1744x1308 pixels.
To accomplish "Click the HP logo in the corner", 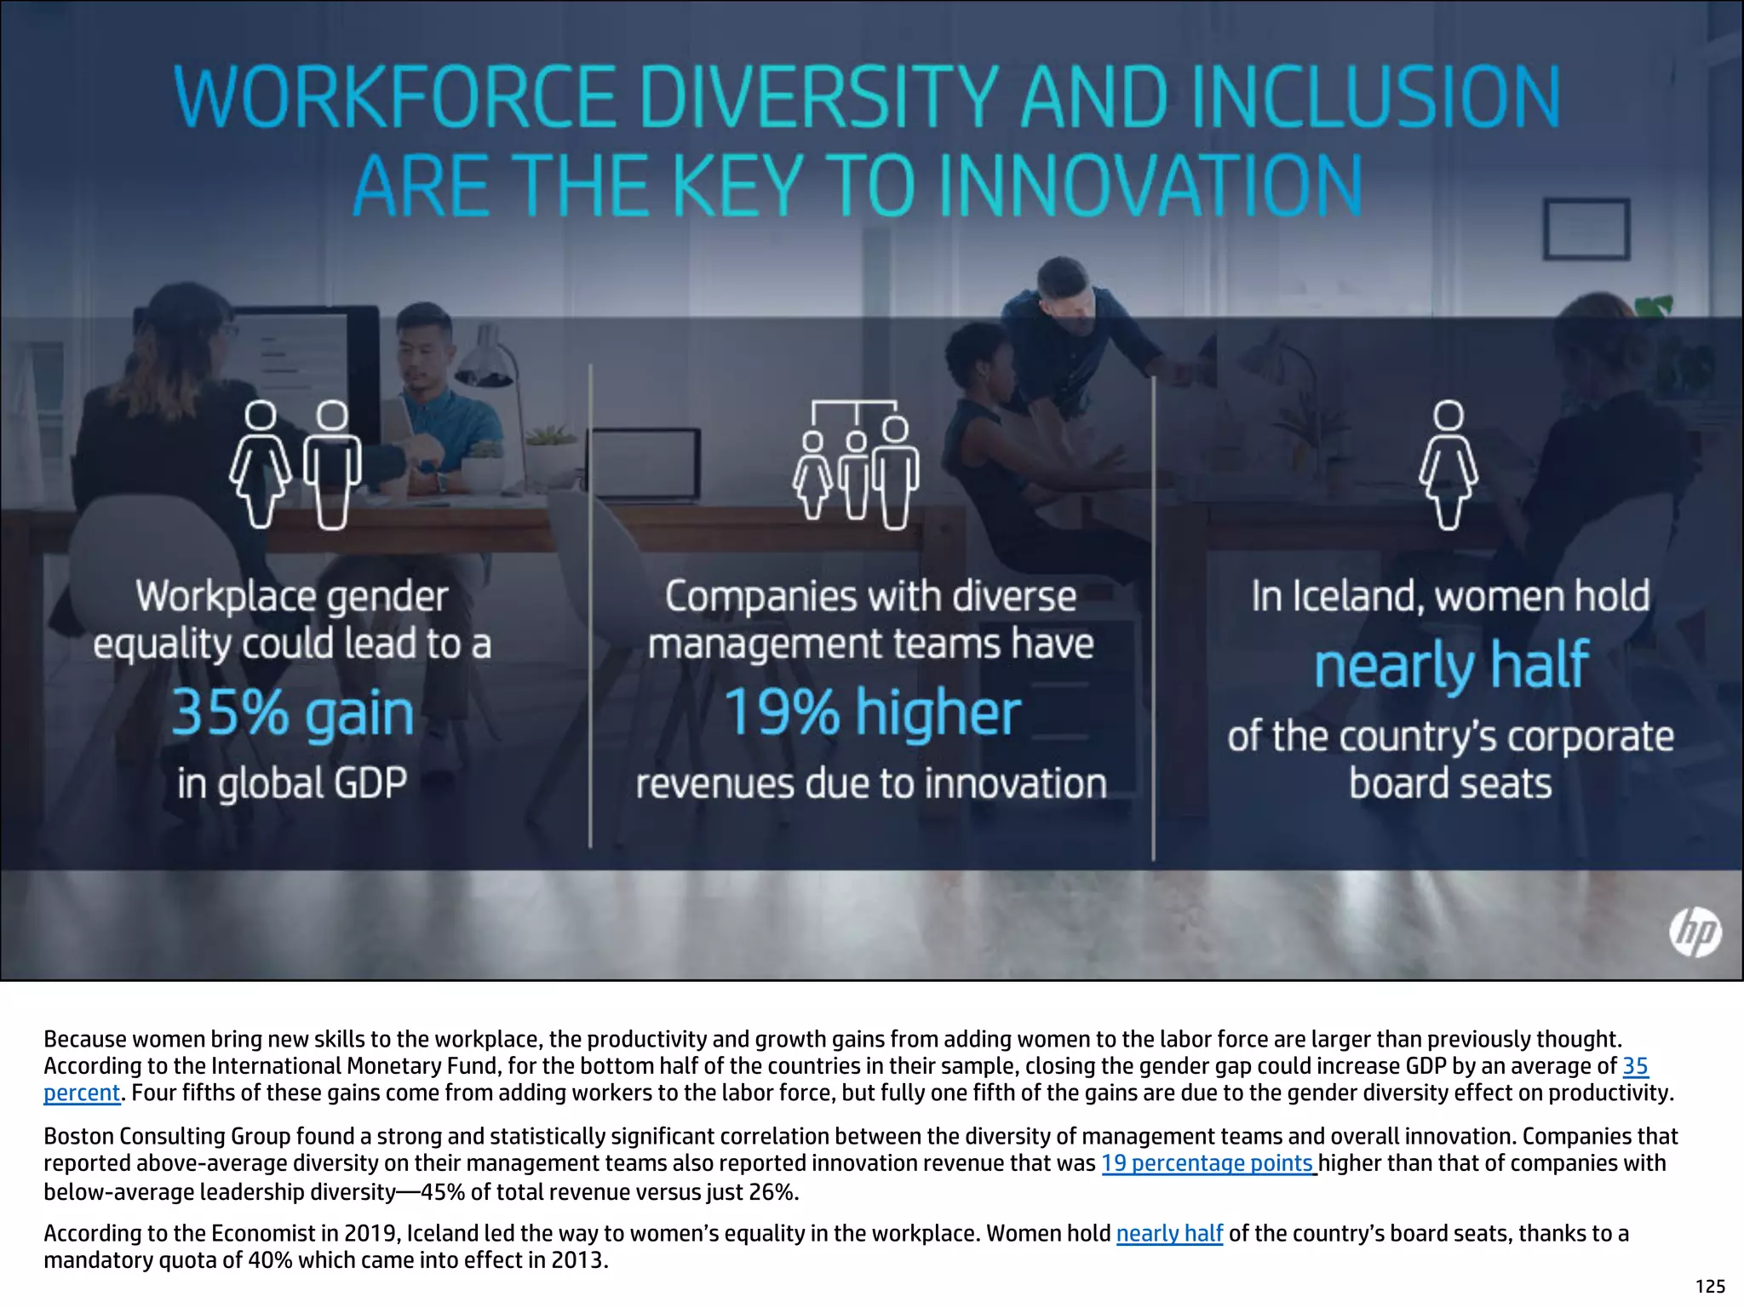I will tap(1695, 932).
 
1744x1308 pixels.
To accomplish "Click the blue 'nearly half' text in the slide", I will tap(1451, 664).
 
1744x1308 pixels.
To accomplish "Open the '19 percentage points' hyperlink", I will tap(1208, 1163).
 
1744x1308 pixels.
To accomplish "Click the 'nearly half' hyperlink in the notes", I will tap(1169, 1233).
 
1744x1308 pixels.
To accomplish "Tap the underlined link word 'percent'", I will tap(82, 1093).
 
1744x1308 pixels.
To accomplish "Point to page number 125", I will tap(1710, 1287).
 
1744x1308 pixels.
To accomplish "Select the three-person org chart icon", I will tap(856, 464).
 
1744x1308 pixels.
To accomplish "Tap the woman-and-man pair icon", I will tap(295, 465).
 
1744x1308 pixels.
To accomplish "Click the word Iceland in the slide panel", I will tap(1355, 596).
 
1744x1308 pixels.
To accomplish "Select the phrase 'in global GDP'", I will tap(292, 783).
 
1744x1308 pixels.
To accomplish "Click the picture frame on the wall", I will tap(1586, 228).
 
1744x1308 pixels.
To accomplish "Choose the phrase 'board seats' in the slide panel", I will tap(1451, 783).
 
